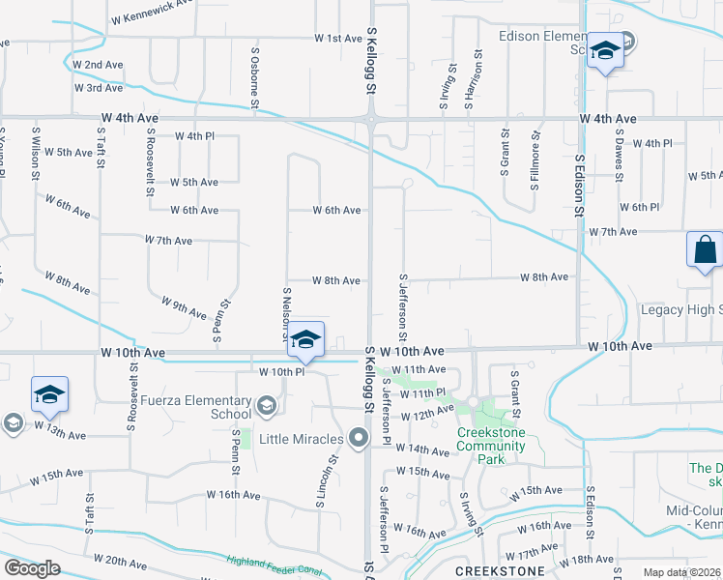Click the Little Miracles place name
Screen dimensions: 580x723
(x=300, y=439)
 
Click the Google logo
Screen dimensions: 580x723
(x=32, y=568)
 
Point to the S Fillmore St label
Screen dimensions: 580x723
(x=533, y=155)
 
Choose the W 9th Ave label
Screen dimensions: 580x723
(x=185, y=308)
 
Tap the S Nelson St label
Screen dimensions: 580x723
(x=286, y=314)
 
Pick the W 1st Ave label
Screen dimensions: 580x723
(x=338, y=39)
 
